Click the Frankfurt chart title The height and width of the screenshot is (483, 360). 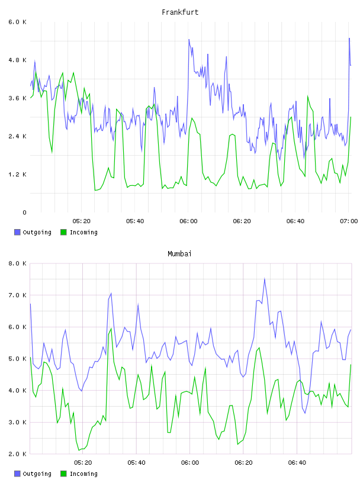coord(180,12)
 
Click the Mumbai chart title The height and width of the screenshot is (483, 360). coord(179,254)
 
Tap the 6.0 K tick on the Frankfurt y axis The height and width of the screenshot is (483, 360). coord(17,22)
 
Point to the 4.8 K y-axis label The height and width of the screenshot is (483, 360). coord(17,60)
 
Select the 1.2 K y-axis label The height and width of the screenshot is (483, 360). coord(17,175)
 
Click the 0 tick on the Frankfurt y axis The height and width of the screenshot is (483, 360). coord(24,212)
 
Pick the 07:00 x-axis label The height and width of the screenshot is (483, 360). coord(349,221)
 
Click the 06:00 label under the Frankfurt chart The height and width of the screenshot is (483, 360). coord(189,221)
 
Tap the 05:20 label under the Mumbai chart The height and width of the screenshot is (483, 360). coord(83,463)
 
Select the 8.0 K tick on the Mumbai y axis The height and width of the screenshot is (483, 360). coord(17,263)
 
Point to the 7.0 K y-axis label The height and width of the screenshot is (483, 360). coord(17,295)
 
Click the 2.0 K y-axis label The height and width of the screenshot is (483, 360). coord(17,454)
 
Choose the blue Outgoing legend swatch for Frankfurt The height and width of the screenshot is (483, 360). coord(17,232)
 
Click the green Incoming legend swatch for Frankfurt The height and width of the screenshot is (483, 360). coord(63,232)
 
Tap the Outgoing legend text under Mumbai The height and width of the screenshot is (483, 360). coord(37,474)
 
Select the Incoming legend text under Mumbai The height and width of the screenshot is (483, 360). coord(83,474)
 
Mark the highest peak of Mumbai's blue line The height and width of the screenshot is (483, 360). coord(265,279)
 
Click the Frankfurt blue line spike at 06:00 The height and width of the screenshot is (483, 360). coord(189,40)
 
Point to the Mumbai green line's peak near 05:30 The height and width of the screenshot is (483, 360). coord(111,329)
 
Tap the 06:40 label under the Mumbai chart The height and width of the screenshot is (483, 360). coord(297,463)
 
